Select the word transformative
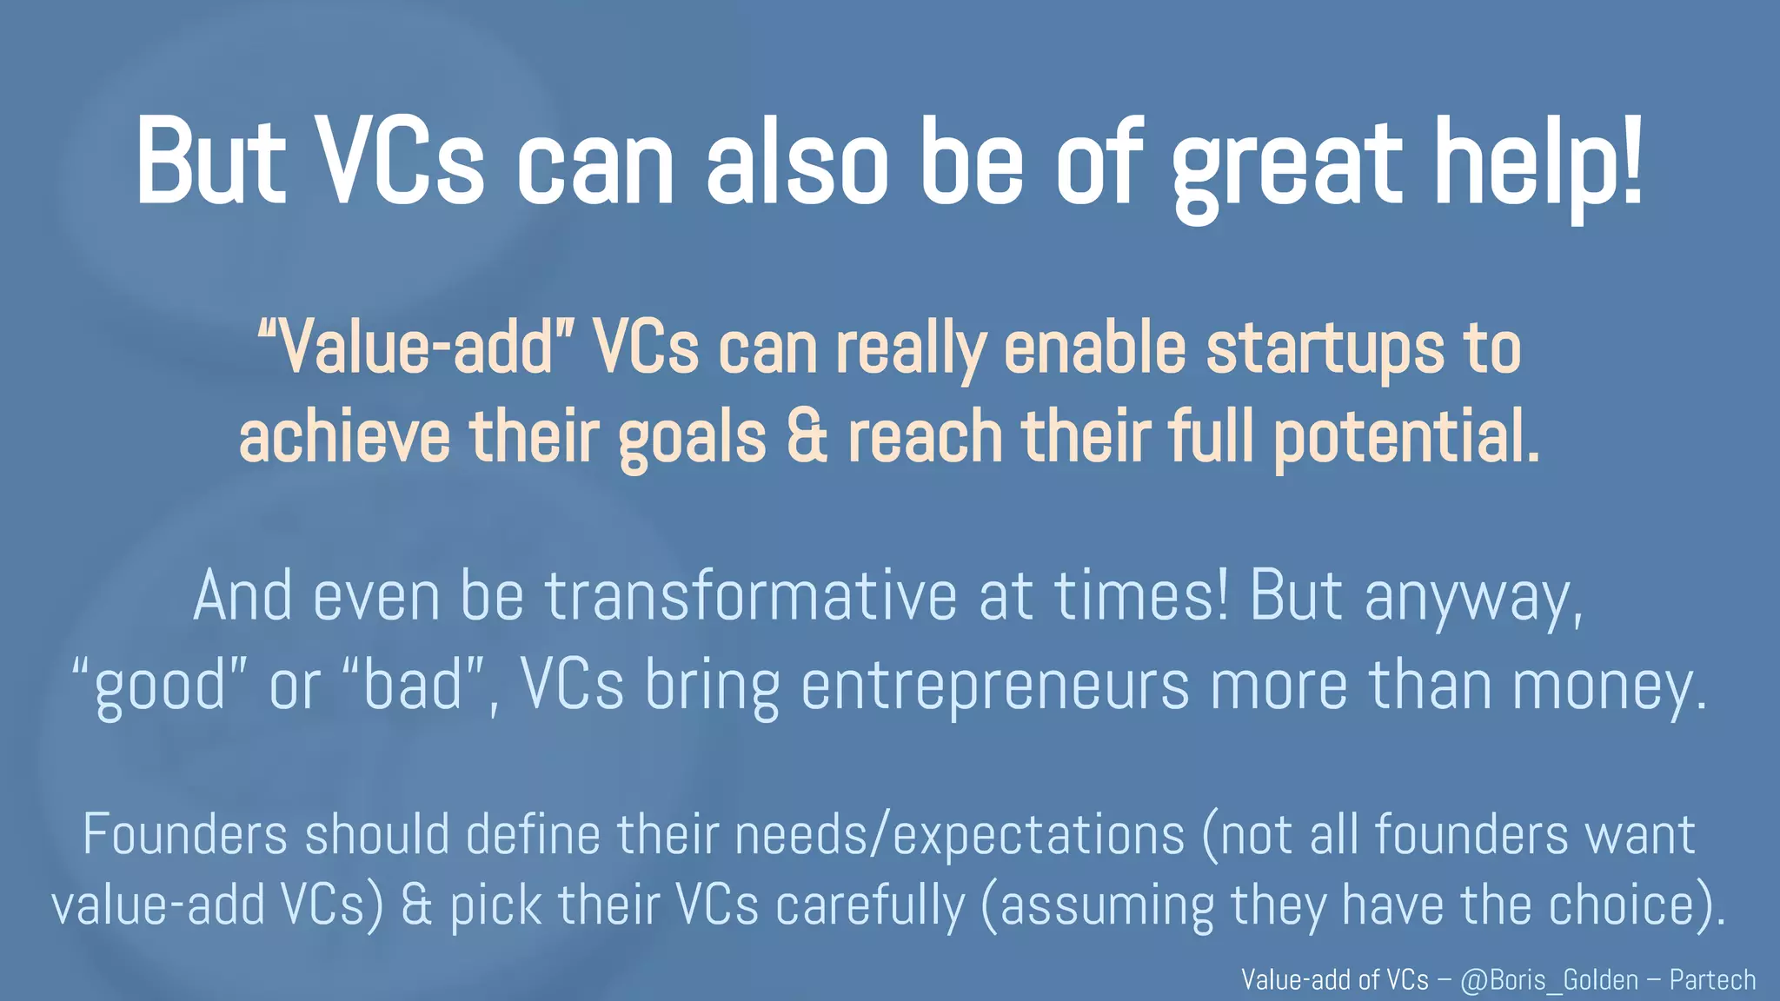(751, 597)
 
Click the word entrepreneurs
(994, 686)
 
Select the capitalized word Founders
(184, 835)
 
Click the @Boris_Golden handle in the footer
(1549, 980)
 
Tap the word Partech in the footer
(1712, 980)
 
